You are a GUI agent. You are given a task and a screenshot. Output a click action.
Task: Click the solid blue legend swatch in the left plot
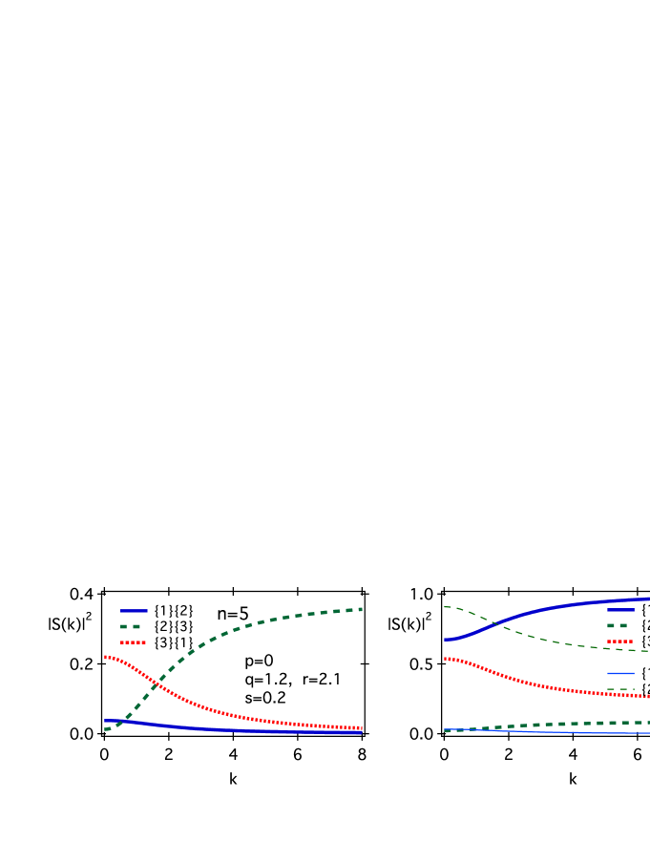134,610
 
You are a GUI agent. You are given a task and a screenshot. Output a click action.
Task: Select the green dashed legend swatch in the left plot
131,626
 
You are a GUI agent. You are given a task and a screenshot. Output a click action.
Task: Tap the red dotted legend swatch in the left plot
133,642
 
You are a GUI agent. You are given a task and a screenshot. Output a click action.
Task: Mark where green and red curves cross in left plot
154,683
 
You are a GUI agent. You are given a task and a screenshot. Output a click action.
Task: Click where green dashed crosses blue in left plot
120,722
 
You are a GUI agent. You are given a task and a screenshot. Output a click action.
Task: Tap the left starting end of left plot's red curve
106,657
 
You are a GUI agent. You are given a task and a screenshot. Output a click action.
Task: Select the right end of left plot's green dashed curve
360,609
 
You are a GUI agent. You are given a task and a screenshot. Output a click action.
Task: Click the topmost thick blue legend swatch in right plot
620,610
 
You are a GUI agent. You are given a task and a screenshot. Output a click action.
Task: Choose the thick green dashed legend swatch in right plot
618,625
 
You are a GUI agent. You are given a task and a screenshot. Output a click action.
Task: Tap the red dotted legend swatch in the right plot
619,641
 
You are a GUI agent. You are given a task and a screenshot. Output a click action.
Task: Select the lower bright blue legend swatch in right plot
620,673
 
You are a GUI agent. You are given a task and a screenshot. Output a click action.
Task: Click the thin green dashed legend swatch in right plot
620,688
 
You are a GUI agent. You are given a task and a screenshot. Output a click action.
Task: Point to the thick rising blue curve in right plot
554,608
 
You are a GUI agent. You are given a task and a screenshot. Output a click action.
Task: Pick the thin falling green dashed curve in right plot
554,641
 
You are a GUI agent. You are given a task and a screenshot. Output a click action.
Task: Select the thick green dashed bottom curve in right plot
573,724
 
